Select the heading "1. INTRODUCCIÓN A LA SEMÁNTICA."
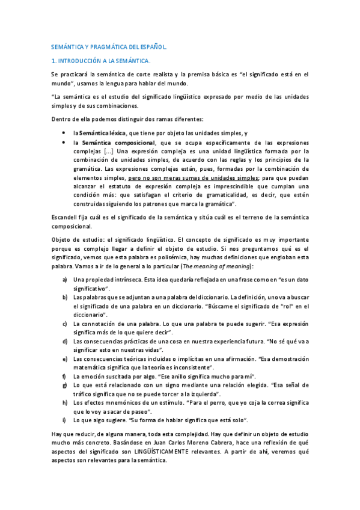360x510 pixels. point(102,61)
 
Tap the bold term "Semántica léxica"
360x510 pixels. point(102,132)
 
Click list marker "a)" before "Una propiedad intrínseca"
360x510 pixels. point(65,280)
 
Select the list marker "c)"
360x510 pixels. point(65,324)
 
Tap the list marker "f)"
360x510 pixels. point(64,376)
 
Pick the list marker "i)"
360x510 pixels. point(64,419)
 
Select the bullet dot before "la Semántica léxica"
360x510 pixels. point(64,132)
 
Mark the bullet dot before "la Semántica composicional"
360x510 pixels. point(64,142)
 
